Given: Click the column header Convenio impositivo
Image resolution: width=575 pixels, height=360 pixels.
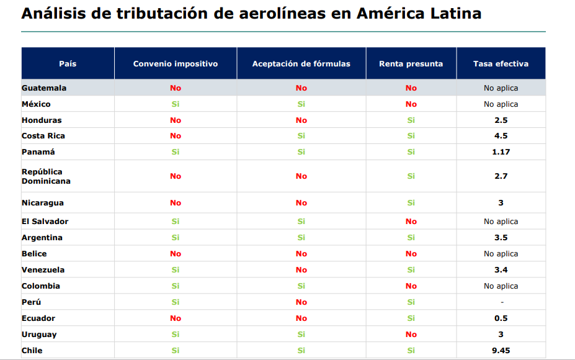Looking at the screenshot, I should click(176, 64).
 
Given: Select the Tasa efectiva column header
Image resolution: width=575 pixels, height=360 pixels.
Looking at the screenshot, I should click(501, 64).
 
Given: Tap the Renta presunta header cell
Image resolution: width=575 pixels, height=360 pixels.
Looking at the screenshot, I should click(411, 64).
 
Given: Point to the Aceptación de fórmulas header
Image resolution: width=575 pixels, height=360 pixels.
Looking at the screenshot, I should click(301, 64).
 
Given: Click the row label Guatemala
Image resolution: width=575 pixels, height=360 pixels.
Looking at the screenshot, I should click(44, 88).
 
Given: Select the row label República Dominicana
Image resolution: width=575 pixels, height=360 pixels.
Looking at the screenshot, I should click(46, 176).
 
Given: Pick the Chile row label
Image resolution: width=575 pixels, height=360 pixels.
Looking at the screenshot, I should click(32, 351).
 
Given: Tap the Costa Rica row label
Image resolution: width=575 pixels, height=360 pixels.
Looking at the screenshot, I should click(43, 136).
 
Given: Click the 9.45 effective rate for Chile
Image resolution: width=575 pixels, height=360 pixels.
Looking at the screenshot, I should click(501, 351).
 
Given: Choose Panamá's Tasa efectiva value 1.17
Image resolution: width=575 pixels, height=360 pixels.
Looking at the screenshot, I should click(501, 152).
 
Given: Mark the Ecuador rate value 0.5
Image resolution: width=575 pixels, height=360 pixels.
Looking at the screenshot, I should click(501, 318).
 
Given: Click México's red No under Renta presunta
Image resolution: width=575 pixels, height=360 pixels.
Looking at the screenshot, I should click(411, 104).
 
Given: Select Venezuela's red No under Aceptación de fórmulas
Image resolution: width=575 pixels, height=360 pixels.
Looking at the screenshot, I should click(301, 270).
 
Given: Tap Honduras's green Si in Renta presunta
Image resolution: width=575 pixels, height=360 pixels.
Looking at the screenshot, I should click(411, 120).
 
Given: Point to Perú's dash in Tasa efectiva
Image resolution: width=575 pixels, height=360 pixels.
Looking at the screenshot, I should click(501, 302).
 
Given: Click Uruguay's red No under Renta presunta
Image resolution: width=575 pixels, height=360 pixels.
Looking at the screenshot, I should click(411, 335).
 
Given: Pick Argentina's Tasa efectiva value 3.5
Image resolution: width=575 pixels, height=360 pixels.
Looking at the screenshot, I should click(501, 238).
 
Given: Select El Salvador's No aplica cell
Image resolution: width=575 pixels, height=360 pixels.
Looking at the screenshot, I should click(501, 222).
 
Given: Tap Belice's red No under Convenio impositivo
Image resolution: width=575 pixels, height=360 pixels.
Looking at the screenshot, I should click(176, 254).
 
